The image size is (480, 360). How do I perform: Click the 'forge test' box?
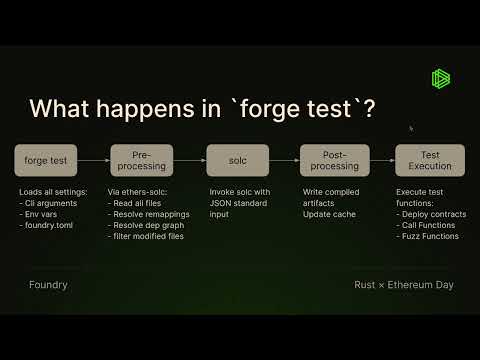[x=46, y=160]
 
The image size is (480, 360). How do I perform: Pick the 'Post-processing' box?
[x=334, y=160]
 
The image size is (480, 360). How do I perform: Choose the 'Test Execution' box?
[x=429, y=160]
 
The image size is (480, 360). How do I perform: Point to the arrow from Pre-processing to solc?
[x=188, y=160]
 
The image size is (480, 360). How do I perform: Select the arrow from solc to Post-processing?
[x=284, y=160]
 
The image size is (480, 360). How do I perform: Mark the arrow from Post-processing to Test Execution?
[x=382, y=160]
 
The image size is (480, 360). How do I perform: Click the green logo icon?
[x=441, y=78]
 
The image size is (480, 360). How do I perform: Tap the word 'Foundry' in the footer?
[x=48, y=285]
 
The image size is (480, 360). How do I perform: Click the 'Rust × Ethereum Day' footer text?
[x=403, y=285]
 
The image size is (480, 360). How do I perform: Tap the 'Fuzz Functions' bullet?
[x=431, y=237]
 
